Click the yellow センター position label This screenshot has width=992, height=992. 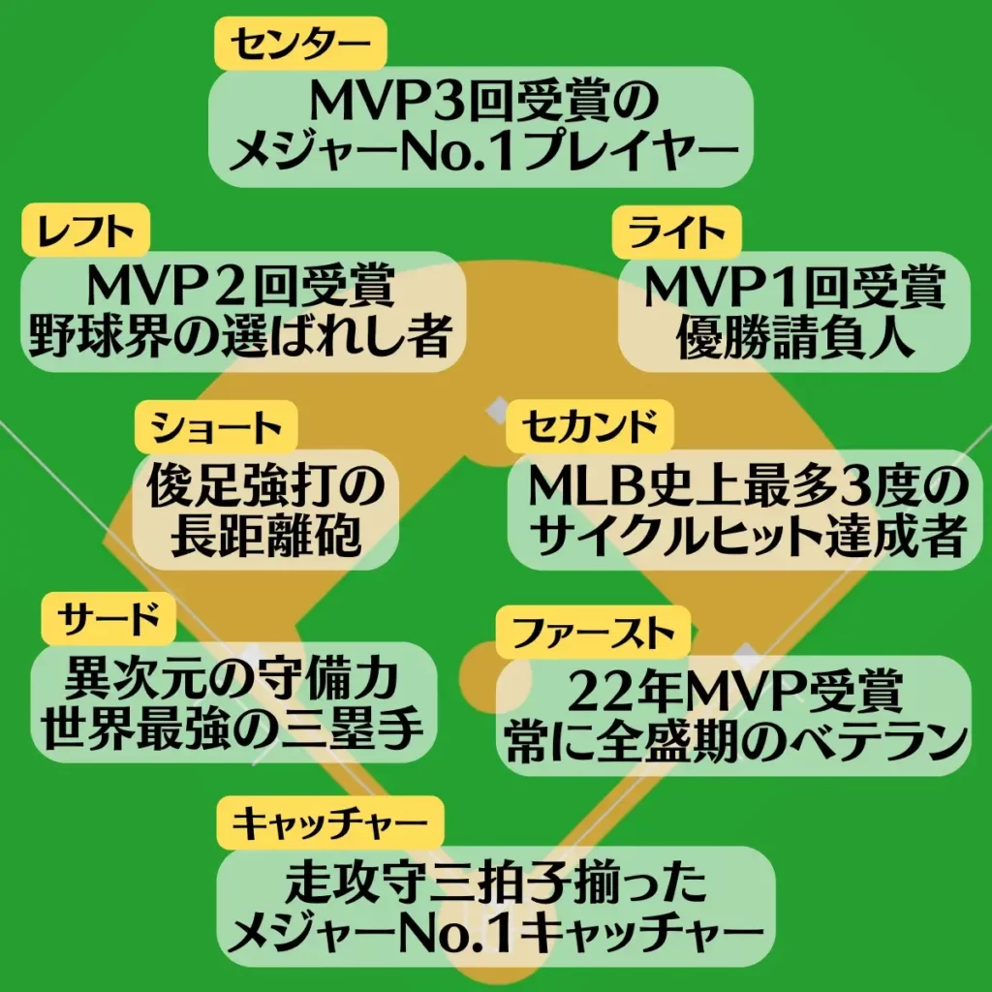point(300,43)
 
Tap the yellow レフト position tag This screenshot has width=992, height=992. point(86,231)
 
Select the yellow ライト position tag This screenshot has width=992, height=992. point(676,232)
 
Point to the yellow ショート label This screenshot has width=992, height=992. point(216,427)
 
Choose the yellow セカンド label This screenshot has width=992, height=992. point(590,426)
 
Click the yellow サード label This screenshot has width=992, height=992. point(108,619)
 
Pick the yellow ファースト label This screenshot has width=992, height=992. point(593,633)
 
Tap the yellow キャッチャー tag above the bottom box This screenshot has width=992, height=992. point(329,823)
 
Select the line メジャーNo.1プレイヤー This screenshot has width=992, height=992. point(483,152)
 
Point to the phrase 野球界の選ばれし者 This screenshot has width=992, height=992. point(240,335)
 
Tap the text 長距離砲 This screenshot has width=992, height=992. point(265,535)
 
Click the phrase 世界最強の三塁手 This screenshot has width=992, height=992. point(232,728)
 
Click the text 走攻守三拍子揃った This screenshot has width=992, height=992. point(496,883)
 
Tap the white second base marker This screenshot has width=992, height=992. point(499,410)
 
